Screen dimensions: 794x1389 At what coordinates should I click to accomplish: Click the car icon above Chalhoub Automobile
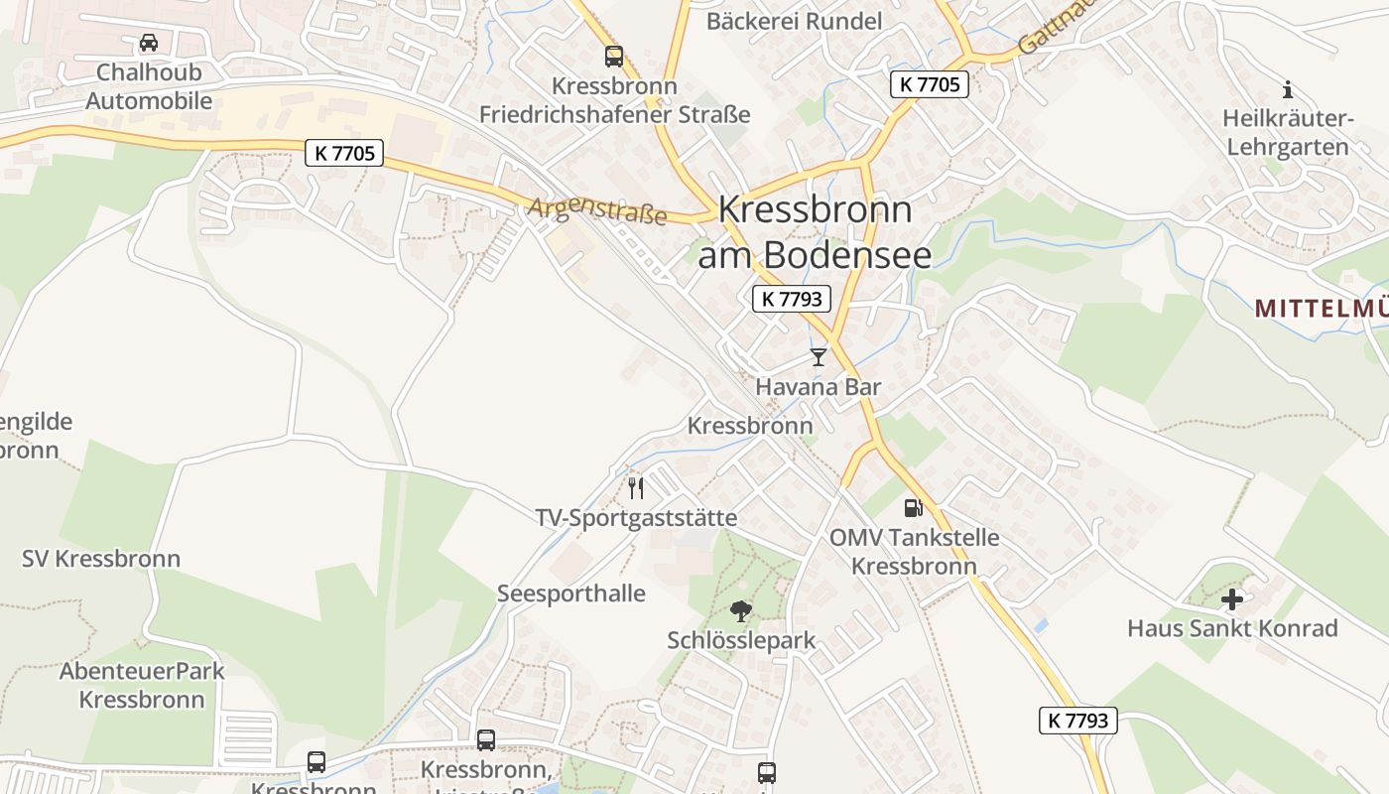pos(149,43)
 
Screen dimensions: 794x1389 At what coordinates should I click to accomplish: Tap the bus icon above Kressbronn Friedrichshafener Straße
pos(614,57)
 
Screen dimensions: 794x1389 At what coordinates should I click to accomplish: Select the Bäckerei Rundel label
pos(794,21)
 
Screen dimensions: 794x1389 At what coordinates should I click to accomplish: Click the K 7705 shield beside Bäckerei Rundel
pos(929,84)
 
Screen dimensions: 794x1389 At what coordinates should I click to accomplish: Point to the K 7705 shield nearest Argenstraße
pos(343,153)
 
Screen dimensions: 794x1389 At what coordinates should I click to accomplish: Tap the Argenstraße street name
pos(597,211)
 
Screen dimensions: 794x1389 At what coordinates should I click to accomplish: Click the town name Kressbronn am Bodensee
pos(815,232)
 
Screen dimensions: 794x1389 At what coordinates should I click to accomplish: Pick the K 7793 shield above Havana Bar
pos(791,299)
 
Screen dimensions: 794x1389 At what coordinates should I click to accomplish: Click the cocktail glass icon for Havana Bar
pos(818,357)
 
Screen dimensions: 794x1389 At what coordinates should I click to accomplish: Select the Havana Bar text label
pos(818,387)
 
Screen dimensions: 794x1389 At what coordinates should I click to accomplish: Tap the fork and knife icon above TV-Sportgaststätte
pos(636,487)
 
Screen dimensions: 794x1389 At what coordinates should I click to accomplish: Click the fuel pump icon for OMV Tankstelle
pos(913,508)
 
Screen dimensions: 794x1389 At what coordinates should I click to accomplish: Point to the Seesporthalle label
pos(570,594)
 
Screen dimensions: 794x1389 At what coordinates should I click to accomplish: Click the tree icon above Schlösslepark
pos(740,611)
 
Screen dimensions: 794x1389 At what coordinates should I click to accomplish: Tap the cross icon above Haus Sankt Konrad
pos(1232,599)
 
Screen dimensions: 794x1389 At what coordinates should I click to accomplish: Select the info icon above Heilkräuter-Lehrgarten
pos(1288,89)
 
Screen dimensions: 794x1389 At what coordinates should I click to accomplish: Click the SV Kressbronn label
pos(101,559)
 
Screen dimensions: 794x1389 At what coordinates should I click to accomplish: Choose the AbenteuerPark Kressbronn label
pos(142,685)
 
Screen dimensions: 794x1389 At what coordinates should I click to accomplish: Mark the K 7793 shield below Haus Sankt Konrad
pos(1077,721)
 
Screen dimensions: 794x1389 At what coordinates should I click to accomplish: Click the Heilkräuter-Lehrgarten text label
pos(1288,133)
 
